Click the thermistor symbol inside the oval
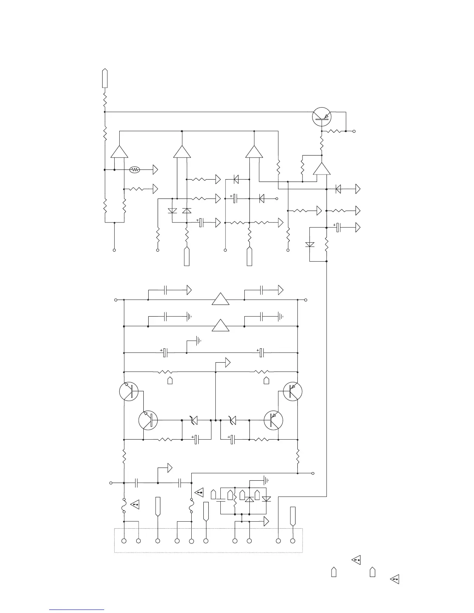click(134, 170)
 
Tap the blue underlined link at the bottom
click(77, 610)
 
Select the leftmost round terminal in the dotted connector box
click(124, 541)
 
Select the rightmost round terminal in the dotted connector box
click(293, 541)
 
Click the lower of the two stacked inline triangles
click(221, 326)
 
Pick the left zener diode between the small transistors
click(194, 420)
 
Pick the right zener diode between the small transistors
click(232, 420)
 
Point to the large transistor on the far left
click(129, 391)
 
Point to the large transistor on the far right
click(293, 391)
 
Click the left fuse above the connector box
click(124, 505)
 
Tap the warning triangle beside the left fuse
click(135, 505)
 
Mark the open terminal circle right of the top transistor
click(354, 131)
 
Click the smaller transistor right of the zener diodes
click(273, 420)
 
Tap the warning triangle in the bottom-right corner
click(395, 579)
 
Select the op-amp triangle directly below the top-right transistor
click(322, 169)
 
